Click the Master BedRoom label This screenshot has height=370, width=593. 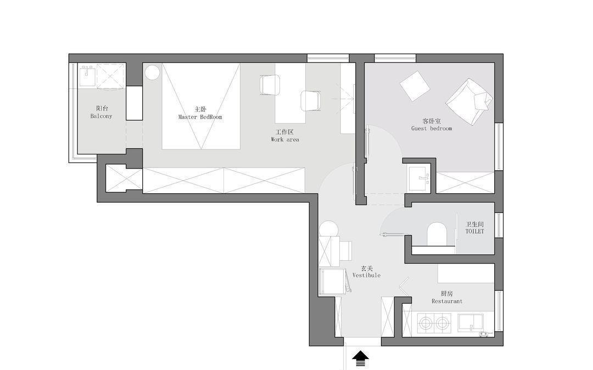click(x=200, y=117)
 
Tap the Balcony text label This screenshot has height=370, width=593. click(x=102, y=116)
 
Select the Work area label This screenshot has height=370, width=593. click(x=285, y=139)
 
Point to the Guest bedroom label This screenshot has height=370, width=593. click(x=432, y=128)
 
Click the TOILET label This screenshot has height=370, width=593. click(x=474, y=231)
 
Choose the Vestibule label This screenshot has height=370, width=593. click(x=366, y=275)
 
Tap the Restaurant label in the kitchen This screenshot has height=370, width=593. click(x=446, y=301)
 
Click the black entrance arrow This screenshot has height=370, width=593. click(x=360, y=358)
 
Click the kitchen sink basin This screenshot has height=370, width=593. click(x=471, y=322)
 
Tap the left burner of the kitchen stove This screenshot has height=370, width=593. click(x=426, y=323)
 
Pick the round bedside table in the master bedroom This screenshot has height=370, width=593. click(x=153, y=72)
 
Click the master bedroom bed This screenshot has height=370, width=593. click(x=201, y=106)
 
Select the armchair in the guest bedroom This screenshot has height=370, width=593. click(x=469, y=102)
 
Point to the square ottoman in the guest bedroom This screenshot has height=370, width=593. click(x=415, y=86)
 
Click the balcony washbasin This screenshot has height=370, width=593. click(x=88, y=76)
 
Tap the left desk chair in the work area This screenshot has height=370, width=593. click(x=270, y=85)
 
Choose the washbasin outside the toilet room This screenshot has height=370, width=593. click(x=419, y=178)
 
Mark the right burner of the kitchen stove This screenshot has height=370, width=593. click(x=441, y=323)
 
